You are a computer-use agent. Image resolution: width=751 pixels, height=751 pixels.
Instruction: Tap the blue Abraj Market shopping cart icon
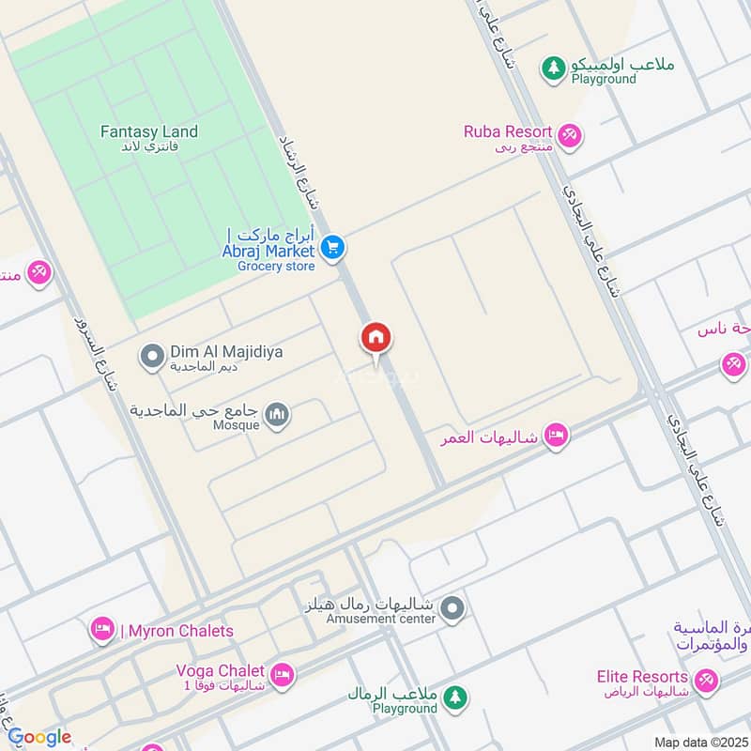pos(331,249)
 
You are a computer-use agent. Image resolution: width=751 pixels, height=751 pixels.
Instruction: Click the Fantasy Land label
pos(149,132)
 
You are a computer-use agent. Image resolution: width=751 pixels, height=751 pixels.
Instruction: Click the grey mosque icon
pos(276,414)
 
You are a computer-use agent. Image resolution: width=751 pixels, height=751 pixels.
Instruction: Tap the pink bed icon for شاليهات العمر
pos(557,436)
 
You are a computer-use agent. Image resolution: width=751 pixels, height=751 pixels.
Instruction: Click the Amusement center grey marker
pos(452,609)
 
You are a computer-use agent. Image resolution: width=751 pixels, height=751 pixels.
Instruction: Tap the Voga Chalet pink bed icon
pos(281,675)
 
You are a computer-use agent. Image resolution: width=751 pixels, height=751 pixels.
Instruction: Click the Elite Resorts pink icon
pos(706,678)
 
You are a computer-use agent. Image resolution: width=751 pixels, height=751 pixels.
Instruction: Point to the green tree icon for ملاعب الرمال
pos(455,697)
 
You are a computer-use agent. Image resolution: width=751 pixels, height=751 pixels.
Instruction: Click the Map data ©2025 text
pos(698,742)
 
